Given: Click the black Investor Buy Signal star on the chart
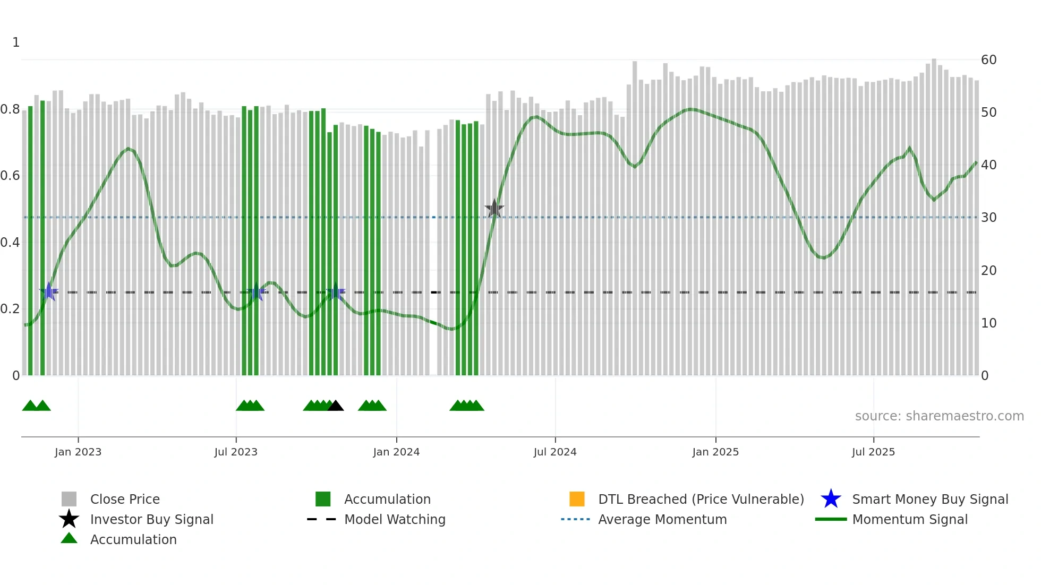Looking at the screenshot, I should [x=494, y=209].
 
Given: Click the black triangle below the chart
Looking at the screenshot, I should [x=335, y=406].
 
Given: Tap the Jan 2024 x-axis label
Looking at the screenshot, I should [x=396, y=452].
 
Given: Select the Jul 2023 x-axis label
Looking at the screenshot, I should [x=236, y=452].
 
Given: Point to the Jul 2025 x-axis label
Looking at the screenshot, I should [x=873, y=452].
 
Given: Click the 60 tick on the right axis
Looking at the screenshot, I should [x=988, y=60].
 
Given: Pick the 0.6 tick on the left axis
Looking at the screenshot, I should [x=10, y=176].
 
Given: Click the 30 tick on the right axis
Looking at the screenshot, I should [x=988, y=218].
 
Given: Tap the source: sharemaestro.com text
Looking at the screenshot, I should [x=939, y=416].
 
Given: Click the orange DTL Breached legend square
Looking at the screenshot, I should [x=577, y=499].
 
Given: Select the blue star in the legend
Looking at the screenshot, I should [x=831, y=499].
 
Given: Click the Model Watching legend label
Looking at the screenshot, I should [x=395, y=519].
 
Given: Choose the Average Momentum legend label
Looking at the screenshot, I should [x=662, y=519].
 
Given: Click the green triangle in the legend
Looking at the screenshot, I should [x=69, y=538].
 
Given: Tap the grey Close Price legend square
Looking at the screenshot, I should [x=69, y=499].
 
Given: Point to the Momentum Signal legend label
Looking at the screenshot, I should [x=910, y=519].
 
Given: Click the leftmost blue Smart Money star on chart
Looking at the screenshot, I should [x=49, y=291].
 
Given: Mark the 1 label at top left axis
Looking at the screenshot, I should [x=16, y=42].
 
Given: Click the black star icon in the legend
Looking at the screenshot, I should [x=69, y=519].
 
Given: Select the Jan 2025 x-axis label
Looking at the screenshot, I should [x=715, y=452].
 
